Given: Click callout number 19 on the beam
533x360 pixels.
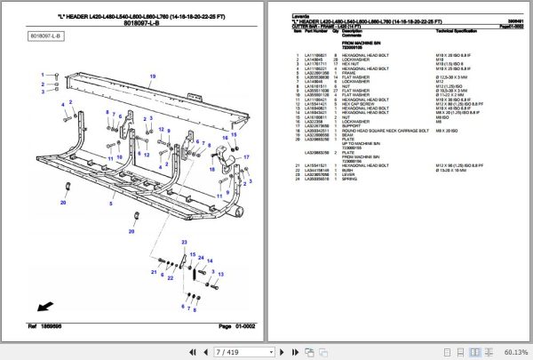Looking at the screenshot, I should click(152, 77).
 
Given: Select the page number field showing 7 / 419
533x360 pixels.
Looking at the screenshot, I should click(227, 352).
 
